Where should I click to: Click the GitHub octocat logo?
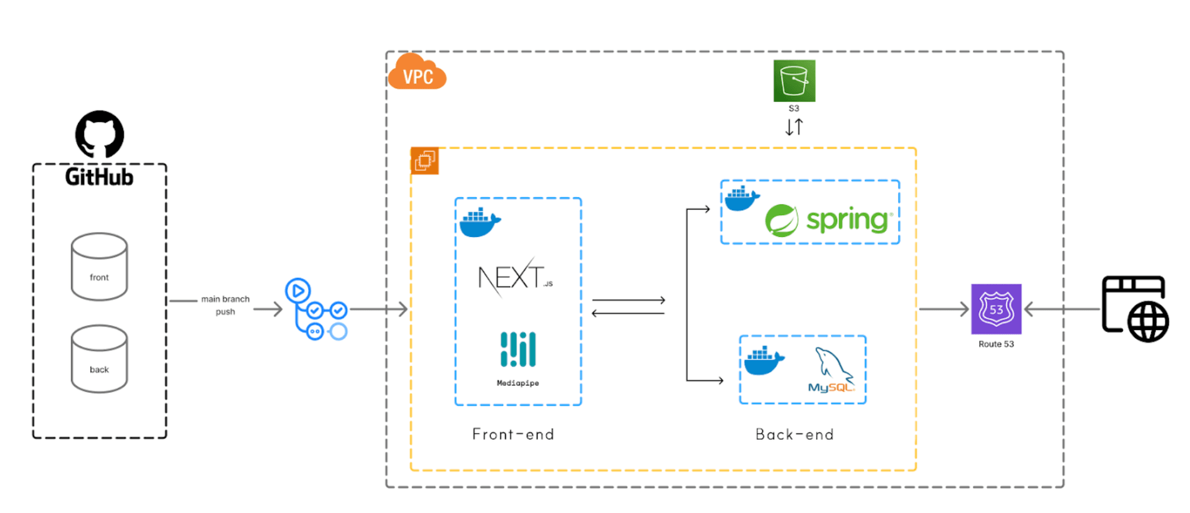[x=100, y=134]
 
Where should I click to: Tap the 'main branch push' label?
[x=225, y=305]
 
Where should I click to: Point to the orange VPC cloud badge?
[x=417, y=73]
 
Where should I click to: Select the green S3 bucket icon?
[x=794, y=81]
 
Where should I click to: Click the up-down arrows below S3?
[x=794, y=127]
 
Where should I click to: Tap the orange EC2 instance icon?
[x=425, y=161]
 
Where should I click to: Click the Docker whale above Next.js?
[x=480, y=223]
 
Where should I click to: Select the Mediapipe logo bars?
[x=518, y=349]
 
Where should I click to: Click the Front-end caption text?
[x=513, y=434]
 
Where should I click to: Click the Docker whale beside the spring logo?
[x=742, y=199]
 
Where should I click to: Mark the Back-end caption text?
[x=795, y=434]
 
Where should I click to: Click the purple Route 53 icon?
[x=996, y=309]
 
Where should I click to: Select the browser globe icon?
[x=1135, y=309]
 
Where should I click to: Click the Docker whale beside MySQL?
[x=764, y=360]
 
